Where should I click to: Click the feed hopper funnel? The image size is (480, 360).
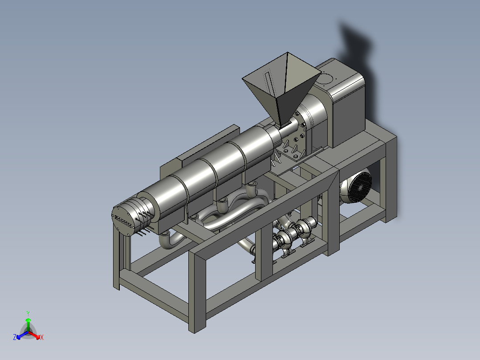click(x=281, y=89)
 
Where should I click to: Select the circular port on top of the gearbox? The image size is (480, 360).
click(x=325, y=78)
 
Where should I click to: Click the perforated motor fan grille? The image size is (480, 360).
click(x=360, y=187)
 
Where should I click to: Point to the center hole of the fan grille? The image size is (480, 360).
click(x=360, y=188)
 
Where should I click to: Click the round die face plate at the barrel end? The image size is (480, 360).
click(x=124, y=220)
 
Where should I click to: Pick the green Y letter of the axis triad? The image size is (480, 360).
click(x=28, y=313)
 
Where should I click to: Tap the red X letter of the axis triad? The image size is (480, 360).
click(x=42, y=337)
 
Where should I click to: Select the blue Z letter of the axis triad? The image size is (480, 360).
click(x=15, y=337)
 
